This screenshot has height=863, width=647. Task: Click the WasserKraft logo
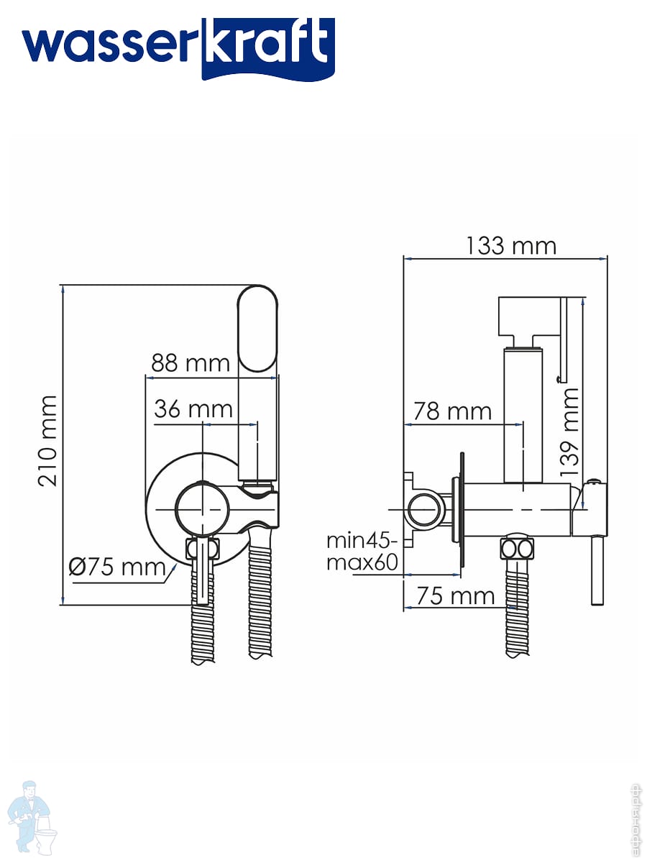pos(178,49)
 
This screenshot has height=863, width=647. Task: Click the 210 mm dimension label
pos(47,441)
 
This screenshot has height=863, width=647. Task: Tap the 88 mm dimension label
pos(191,363)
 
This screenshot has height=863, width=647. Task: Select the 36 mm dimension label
pos(193,409)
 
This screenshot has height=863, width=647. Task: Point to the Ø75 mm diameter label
pos(116,567)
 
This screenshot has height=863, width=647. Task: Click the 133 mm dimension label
pos(511,246)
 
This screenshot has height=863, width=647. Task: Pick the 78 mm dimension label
pos(452,411)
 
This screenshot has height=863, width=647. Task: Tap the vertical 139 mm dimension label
pos(569,431)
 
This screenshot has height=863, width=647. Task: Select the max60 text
pos(362,562)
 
